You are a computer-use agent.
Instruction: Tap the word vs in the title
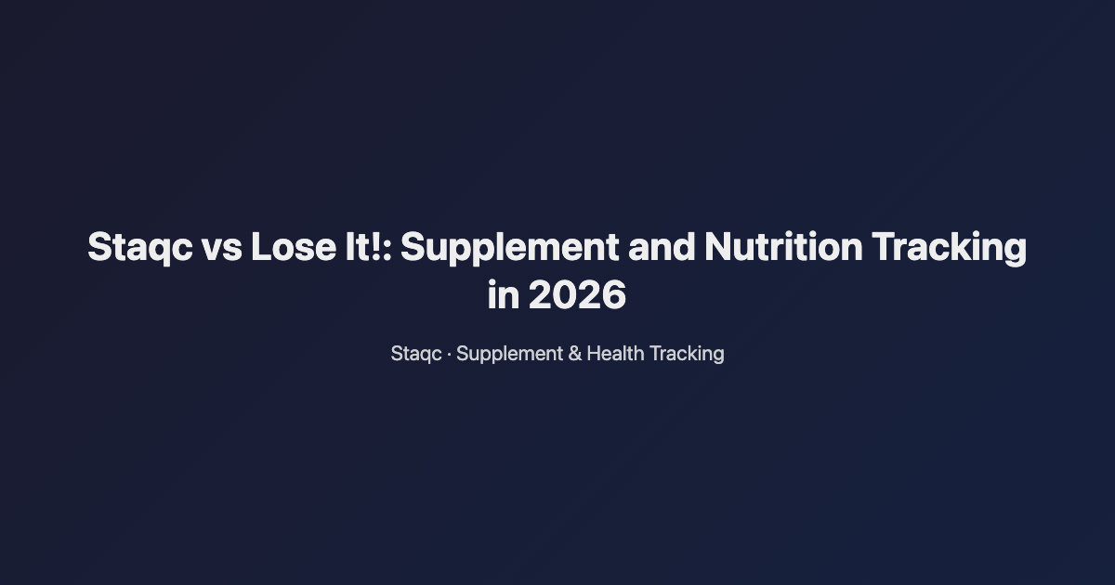click(219, 248)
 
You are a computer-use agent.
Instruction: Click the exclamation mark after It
click(377, 248)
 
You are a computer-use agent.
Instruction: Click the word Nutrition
click(782, 248)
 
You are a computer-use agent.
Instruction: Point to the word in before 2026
click(503, 296)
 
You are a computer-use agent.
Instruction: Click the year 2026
click(577, 296)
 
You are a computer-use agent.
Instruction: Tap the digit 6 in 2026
click(613, 296)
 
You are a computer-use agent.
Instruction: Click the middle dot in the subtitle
click(450, 354)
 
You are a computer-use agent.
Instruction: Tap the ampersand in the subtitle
click(575, 354)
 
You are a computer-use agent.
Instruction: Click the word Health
click(615, 354)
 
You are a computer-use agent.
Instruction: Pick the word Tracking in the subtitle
click(687, 354)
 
